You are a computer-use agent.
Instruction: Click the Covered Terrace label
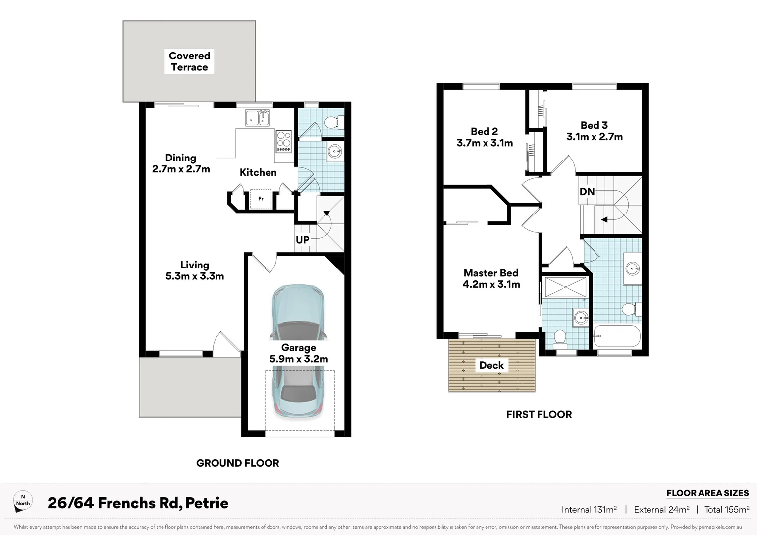[189, 61]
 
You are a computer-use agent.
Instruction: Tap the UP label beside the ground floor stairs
[302, 240]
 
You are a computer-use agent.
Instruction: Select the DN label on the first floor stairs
[587, 191]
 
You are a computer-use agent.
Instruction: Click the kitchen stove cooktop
[284, 141]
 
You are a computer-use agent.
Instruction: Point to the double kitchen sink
[258, 118]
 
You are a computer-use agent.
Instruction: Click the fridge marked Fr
[261, 199]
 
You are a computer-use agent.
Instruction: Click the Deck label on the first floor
[491, 365]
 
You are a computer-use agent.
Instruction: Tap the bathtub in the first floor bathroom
[617, 337]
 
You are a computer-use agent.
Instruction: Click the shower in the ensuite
[565, 287]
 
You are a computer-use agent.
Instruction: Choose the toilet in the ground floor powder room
[332, 122]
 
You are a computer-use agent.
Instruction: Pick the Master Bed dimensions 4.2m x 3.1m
[491, 284]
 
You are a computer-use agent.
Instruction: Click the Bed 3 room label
[594, 125]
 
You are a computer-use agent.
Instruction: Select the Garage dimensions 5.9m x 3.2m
[299, 359]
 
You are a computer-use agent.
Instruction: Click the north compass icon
[23, 502]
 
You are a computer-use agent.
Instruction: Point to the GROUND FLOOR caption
[238, 463]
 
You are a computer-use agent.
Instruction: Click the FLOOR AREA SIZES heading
[707, 493]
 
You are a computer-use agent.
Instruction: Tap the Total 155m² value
[726, 509]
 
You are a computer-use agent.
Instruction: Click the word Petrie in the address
[207, 503]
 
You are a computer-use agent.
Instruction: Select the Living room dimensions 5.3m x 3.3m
[195, 276]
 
